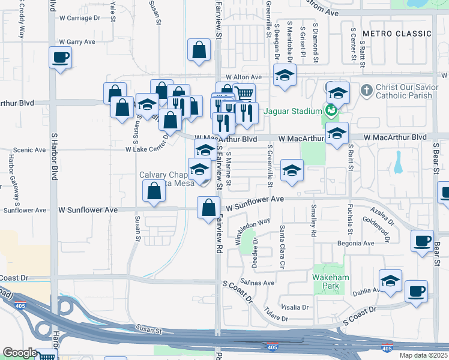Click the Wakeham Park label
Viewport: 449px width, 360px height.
point(327,281)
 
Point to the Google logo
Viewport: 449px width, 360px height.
point(19,353)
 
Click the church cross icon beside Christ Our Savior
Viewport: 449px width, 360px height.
point(367,91)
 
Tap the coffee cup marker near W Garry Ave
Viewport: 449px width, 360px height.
point(60,58)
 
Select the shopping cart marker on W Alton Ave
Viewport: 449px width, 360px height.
point(244,94)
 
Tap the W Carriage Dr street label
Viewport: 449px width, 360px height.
point(80,18)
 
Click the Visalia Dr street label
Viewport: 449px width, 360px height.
point(295,307)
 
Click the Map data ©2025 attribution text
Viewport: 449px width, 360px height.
point(423,355)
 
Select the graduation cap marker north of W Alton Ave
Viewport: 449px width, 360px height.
point(285,75)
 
